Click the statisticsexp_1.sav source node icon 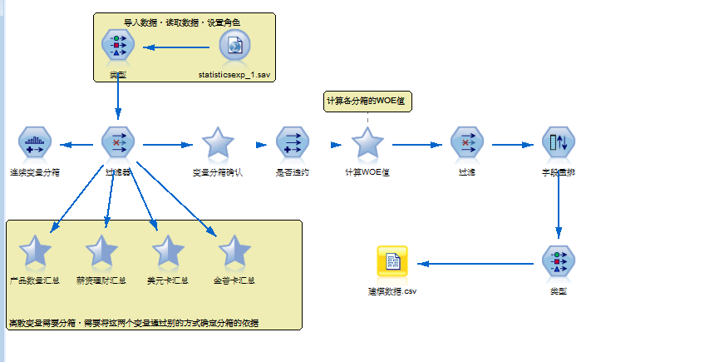tap(235, 46)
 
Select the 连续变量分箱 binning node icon tap(35, 144)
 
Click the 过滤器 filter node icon tap(118, 144)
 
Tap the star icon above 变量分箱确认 tap(218, 144)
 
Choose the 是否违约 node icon tap(292, 144)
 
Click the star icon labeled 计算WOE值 tap(367, 144)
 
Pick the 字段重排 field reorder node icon tap(558, 144)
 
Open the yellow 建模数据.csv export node tap(392, 262)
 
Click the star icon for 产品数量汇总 tap(35, 250)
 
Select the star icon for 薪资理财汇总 tap(101, 250)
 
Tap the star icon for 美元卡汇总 tap(168, 250)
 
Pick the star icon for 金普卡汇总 tap(234, 250)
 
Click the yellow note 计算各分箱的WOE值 tap(367, 101)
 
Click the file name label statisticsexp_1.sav tap(235, 75)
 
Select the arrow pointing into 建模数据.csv tap(474, 264)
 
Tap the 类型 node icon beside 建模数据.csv tap(558, 262)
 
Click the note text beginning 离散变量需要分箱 tap(133, 322)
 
